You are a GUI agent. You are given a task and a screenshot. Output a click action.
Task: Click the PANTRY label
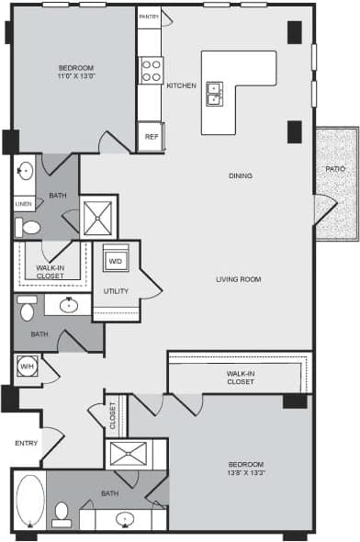(x=149, y=17)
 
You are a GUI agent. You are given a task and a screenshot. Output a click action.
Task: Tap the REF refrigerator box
(x=151, y=137)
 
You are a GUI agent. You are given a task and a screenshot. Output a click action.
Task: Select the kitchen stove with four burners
(x=151, y=70)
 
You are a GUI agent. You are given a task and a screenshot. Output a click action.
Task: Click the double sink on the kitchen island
(x=214, y=93)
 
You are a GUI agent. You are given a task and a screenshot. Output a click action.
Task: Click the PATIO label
(x=335, y=170)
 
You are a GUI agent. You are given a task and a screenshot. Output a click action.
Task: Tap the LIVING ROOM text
(x=240, y=279)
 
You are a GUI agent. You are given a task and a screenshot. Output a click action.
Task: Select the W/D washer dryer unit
(x=116, y=262)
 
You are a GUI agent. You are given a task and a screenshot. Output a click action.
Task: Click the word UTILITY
(x=116, y=291)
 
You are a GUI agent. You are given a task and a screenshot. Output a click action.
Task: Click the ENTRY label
(x=24, y=443)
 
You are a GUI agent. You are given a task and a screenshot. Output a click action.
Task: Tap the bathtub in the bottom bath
(x=29, y=501)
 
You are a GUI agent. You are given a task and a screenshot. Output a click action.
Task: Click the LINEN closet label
(x=24, y=204)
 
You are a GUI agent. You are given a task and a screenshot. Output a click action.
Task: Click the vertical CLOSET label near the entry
(x=114, y=416)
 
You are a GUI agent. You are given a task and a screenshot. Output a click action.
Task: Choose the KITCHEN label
(x=181, y=85)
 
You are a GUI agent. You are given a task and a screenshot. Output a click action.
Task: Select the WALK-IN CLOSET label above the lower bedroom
(x=240, y=377)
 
